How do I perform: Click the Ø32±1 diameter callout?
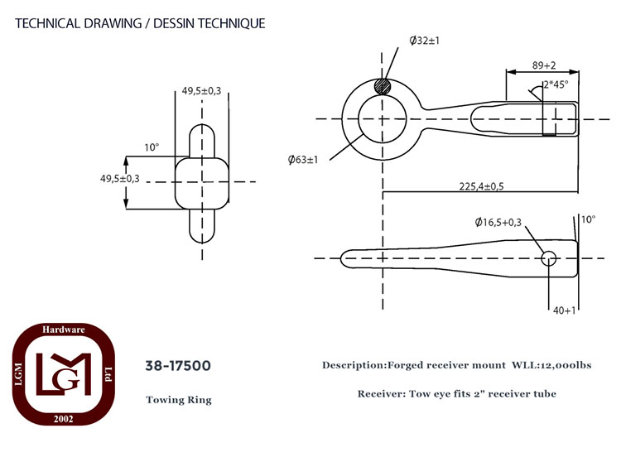(x=424, y=41)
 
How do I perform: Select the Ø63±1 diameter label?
(x=303, y=160)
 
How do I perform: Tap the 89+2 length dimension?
(x=544, y=65)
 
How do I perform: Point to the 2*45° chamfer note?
(x=556, y=84)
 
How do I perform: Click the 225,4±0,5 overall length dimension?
(x=481, y=186)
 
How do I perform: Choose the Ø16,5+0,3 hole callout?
(x=498, y=223)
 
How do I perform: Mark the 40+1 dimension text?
(x=564, y=310)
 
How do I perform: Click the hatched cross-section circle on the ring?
(x=383, y=87)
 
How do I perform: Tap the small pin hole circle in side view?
(x=548, y=258)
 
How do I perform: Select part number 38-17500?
(x=178, y=365)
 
